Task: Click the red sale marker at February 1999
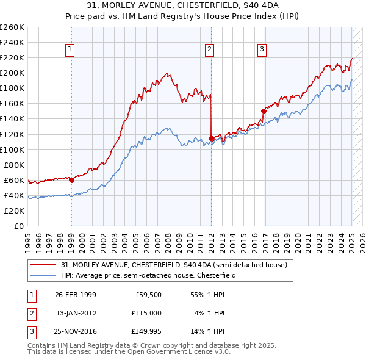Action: click(x=71, y=180)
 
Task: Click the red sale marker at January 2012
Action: click(x=211, y=138)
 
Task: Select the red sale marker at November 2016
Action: click(x=264, y=111)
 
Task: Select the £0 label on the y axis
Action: click(x=18, y=226)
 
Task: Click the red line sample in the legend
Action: click(x=44, y=265)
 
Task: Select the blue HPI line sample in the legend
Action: click(x=44, y=275)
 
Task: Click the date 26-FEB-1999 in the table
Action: click(x=76, y=295)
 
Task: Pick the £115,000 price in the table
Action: click(x=148, y=313)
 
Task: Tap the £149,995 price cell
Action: click(x=148, y=332)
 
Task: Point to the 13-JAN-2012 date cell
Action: click(x=76, y=313)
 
